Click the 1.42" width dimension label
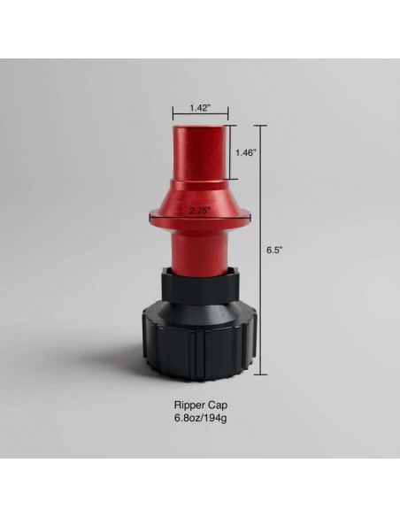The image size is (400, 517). click(x=199, y=108)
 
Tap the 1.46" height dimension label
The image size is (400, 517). click(x=245, y=152)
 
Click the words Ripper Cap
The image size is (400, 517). click(x=199, y=407)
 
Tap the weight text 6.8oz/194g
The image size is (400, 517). click(x=199, y=421)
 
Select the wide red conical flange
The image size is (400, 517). click(x=200, y=217)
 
